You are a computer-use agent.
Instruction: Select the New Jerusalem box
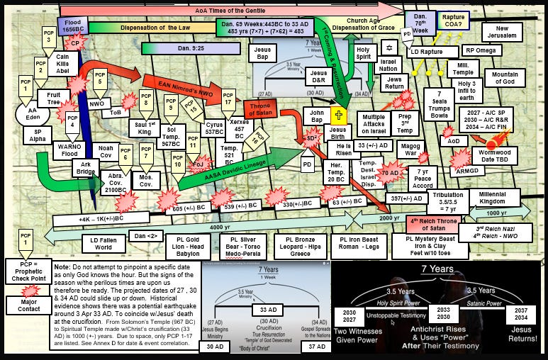[513, 33]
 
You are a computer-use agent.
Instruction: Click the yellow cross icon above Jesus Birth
[340, 117]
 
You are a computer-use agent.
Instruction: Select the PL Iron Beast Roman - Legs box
[359, 247]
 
